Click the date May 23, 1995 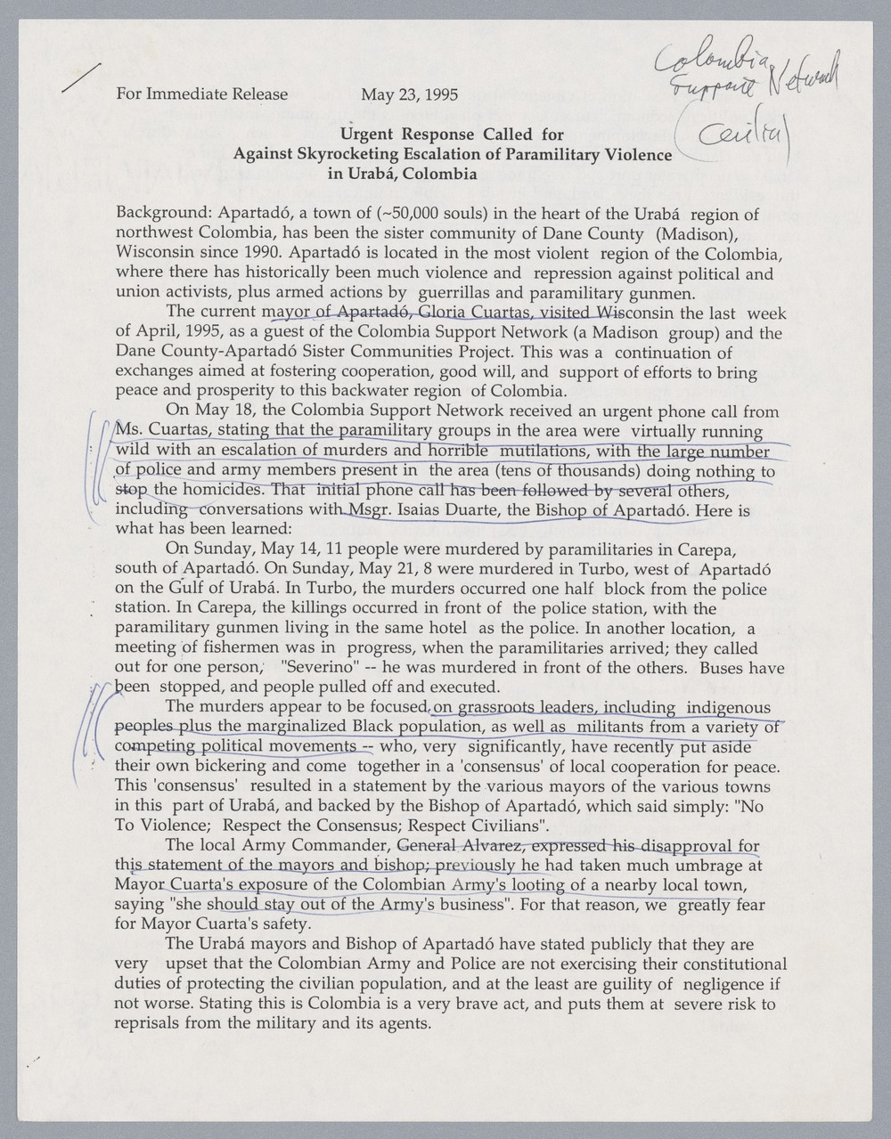point(409,94)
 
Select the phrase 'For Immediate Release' point(202,94)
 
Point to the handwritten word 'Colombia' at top point(710,58)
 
